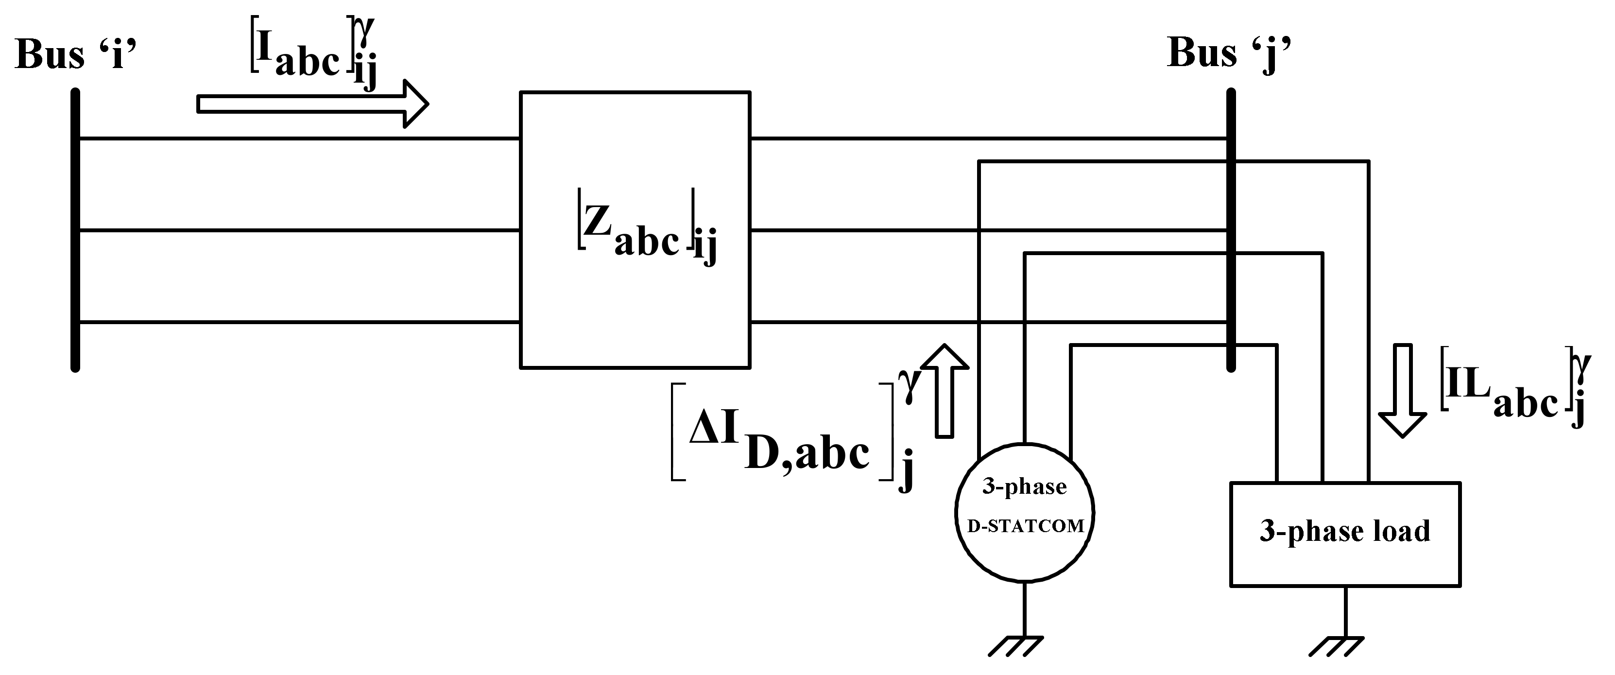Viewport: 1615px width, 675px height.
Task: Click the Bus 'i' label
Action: tap(75, 54)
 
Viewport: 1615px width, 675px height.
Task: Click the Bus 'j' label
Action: tap(1228, 53)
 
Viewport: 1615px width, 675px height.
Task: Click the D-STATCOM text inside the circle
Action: tap(1026, 526)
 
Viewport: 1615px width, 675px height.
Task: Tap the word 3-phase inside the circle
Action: tap(1024, 487)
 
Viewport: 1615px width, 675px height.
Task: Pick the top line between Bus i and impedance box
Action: tap(298, 138)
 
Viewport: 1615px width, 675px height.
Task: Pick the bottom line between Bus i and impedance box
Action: tap(298, 322)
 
